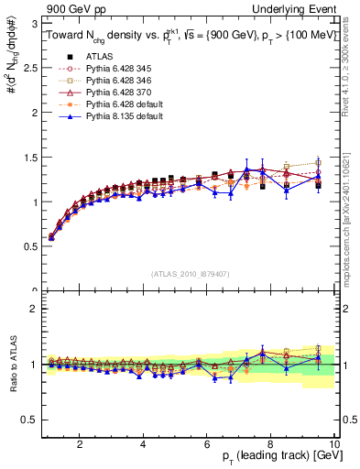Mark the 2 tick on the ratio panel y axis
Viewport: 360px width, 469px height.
(34, 309)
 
